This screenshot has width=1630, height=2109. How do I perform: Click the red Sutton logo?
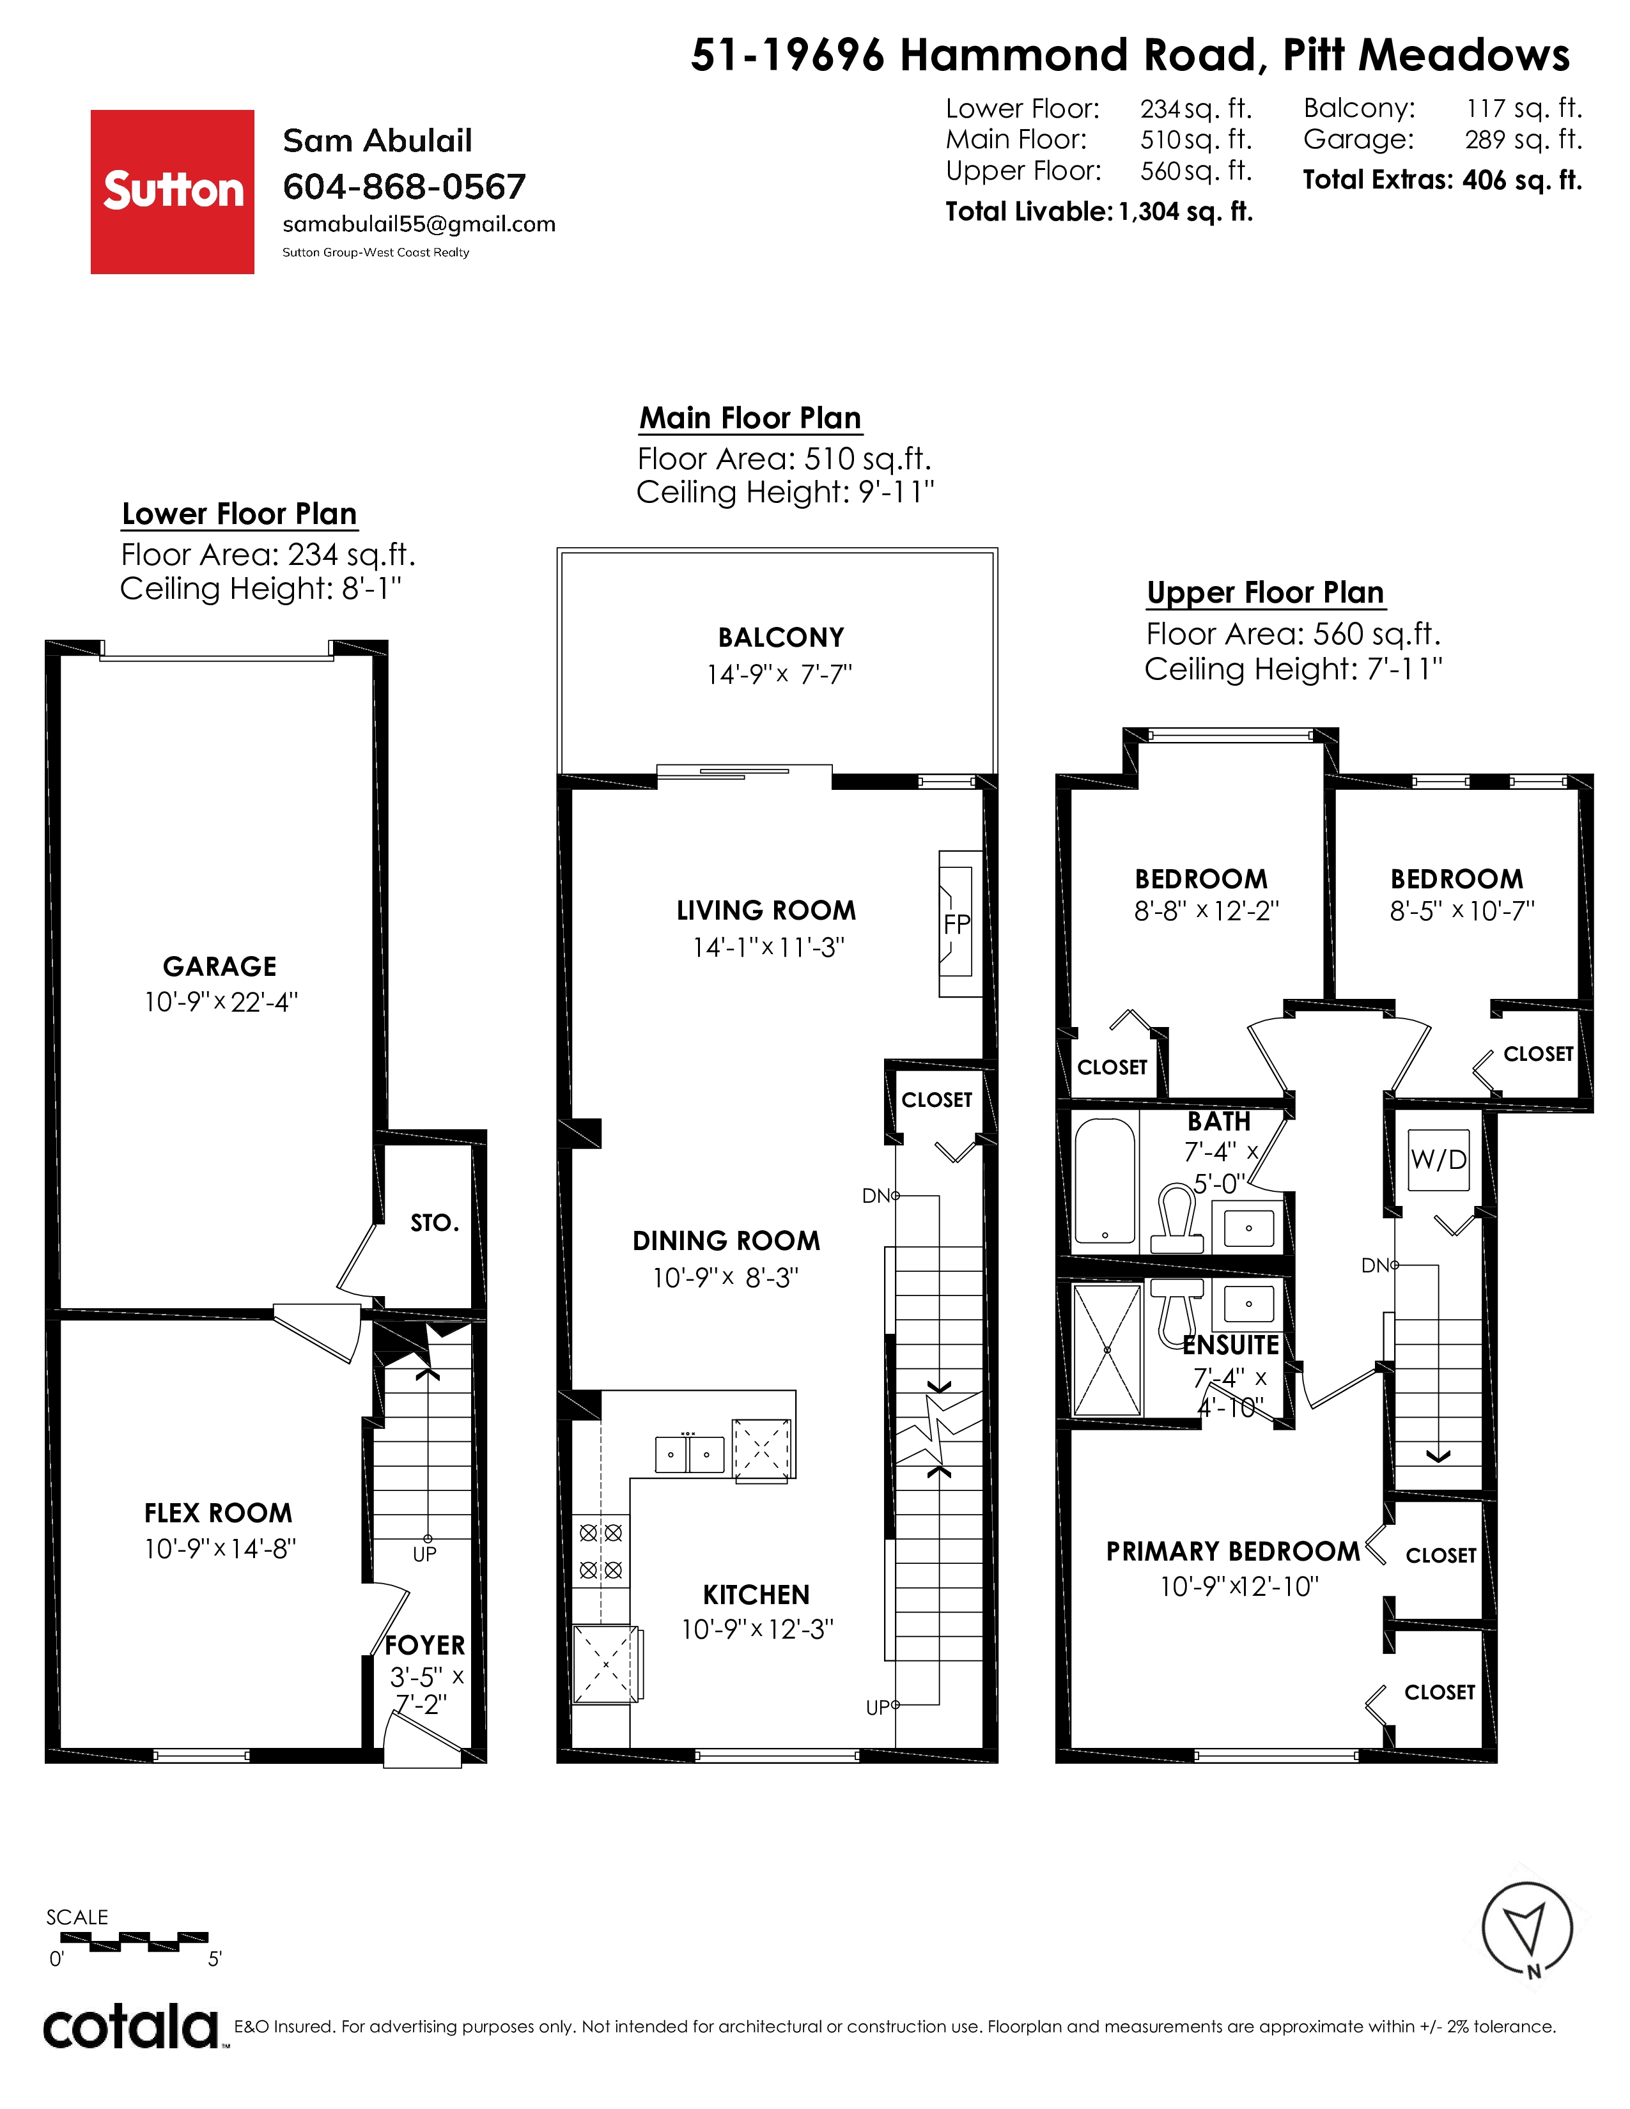tap(172, 191)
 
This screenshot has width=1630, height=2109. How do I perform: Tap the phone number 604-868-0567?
tap(403, 187)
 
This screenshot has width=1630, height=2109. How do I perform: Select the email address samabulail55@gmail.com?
tap(419, 224)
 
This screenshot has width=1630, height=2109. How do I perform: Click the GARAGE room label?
tap(219, 966)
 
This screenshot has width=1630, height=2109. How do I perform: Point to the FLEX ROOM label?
tap(218, 1512)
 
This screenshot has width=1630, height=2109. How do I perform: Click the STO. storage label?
tap(435, 1223)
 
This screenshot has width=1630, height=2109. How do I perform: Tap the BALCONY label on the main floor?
tap(780, 637)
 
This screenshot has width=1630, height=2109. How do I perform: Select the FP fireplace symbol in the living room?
tap(956, 924)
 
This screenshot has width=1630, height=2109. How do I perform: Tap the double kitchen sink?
tap(690, 1453)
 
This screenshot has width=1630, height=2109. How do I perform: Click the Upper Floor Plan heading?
tap(1266, 592)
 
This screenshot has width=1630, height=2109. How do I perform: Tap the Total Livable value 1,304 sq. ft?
tap(1185, 212)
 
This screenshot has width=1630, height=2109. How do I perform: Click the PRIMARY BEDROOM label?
tap(1233, 1551)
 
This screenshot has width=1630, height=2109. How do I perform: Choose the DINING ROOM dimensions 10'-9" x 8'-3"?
tap(726, 1278)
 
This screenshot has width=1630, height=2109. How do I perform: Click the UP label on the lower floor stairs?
tap(425, 1554)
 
